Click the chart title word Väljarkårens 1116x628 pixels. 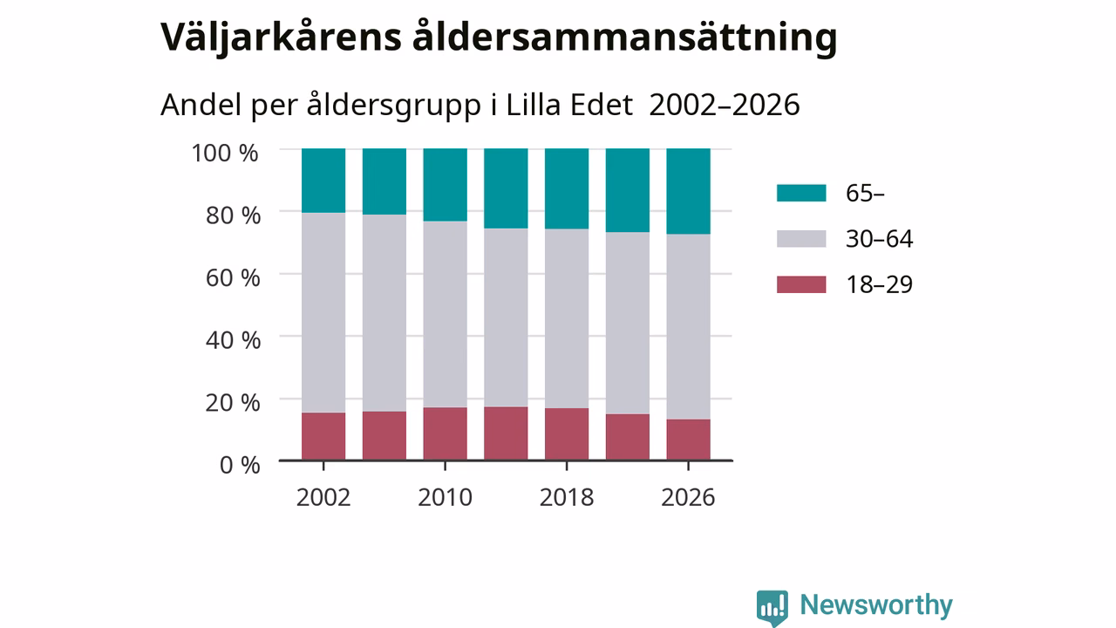[281, 38]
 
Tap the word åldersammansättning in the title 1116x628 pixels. [625, 38]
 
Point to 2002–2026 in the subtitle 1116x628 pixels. [725, 105]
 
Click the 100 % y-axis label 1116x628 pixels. [225, 153]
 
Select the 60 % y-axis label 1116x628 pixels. [233, 277]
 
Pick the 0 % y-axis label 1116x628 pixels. [240, 465]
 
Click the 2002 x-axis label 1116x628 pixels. [323, 497]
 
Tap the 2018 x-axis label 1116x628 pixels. [567, 497]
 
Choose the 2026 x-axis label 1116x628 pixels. [688, 497]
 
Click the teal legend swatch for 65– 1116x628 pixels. [801, 193]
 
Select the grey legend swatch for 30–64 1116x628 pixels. [801, 239]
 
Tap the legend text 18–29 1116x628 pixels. [880, 284]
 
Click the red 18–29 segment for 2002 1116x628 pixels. [323, 436]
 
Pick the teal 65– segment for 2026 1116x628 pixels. [688, 191]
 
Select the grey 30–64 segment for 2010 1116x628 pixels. [445, 315]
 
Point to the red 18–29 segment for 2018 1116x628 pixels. [567, 434]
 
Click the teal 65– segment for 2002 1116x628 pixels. [323, 181]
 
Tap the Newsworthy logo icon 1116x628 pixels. [772, 608]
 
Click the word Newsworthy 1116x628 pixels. [876, 605]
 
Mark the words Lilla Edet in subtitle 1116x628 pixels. [569, 105]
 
